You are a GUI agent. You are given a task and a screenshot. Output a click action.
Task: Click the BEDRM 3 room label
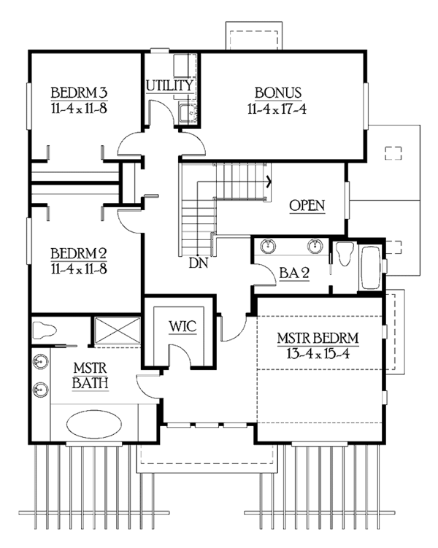(x=79, y=93)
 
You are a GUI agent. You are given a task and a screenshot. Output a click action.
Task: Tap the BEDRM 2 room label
(x=79, y=254)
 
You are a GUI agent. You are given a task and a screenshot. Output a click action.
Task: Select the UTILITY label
(x=169, y=85)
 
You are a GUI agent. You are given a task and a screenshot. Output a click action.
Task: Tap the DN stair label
(x=196, y=261)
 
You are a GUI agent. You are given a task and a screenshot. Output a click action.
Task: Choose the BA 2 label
(x=294, y=273)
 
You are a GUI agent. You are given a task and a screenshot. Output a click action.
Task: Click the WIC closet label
(x=182, y=323)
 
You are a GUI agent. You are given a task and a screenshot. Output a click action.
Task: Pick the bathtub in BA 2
(x=370, y=266)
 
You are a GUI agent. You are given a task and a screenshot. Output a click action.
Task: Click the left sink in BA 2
(x=267, y=245)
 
